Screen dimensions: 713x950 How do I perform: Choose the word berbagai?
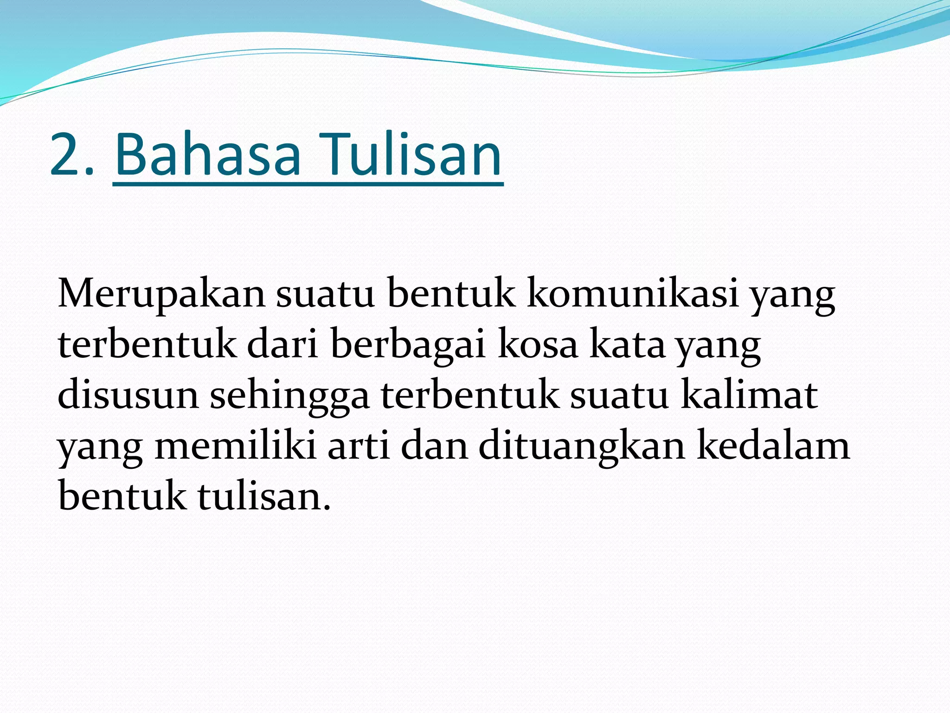point(408,346)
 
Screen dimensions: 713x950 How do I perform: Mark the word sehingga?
point(290,397)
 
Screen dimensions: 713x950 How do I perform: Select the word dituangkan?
point(582,447)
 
